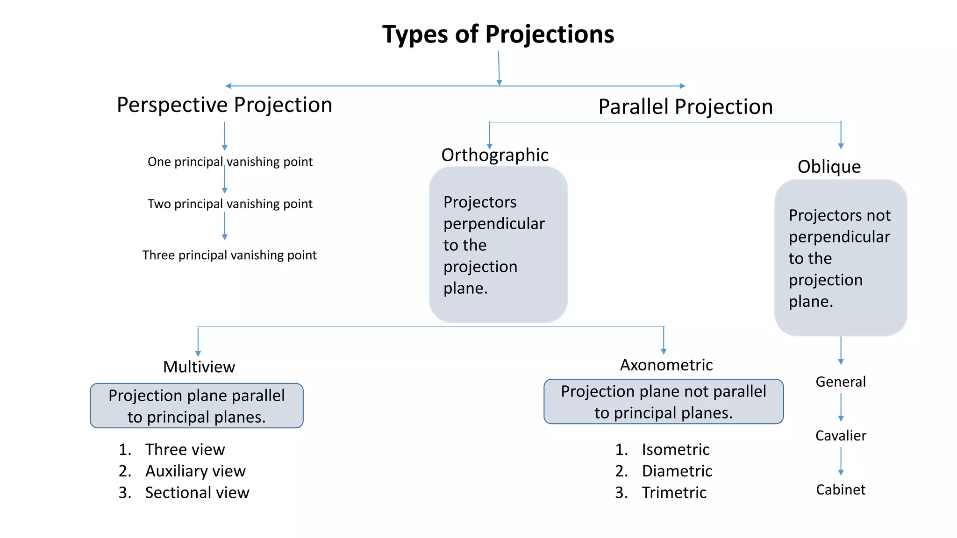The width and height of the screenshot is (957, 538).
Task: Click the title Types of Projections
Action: point(498,35)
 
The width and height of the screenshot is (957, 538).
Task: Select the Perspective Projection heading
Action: point(224,105)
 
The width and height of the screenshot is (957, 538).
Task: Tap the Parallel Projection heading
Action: point(685,107)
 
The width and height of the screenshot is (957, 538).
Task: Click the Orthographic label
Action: point(494,155)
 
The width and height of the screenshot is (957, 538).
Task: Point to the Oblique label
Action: point(829,167)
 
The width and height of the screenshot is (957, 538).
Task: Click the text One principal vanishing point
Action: point(230,162)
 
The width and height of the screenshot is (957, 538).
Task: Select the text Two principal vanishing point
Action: point(230,204)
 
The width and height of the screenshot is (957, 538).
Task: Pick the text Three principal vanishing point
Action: point(229,255)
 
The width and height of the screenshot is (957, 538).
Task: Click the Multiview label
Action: point(199,367)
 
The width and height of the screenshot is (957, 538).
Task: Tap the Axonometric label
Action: point(666,365)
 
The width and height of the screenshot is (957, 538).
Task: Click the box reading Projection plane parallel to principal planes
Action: point(197,406)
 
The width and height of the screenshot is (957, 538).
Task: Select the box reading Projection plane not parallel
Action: point(663,402)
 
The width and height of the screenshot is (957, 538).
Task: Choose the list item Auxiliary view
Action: point(195,471)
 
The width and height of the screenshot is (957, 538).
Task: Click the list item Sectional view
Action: point(197,493)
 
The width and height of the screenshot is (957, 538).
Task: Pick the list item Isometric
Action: point(675,450)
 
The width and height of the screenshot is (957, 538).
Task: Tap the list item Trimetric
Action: point(674,493)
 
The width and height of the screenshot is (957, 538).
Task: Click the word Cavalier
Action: point(841,436)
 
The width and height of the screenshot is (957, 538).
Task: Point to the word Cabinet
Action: point(841,490)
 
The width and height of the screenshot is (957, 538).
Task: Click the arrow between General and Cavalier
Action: point(841,407)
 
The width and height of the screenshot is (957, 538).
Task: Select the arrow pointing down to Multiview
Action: point(198,343)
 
